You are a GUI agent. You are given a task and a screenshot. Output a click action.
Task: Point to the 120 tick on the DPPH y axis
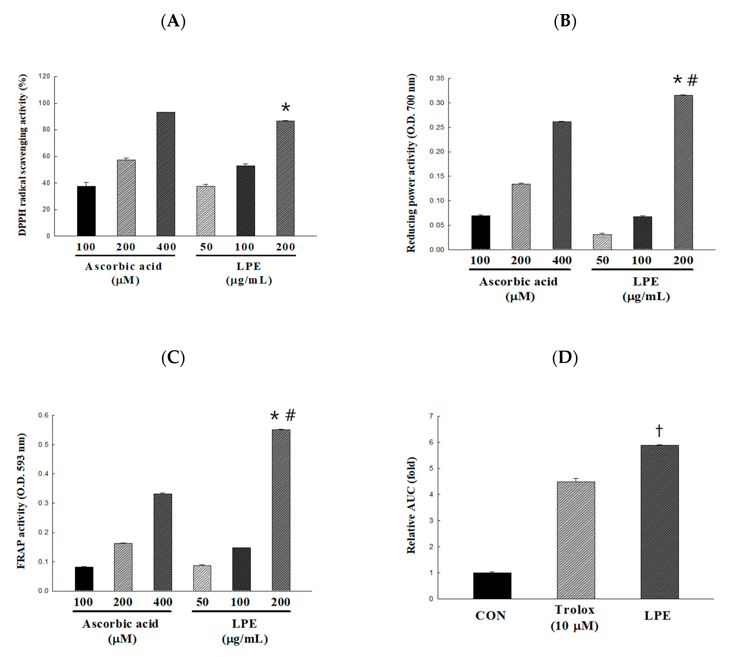click(44, 77)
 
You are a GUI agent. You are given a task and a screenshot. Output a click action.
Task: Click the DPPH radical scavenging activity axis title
click(23, 155)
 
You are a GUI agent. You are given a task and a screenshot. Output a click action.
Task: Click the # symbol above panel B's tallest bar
click(692, 80)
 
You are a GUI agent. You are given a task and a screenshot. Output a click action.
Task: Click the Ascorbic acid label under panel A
click(123, 266)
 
